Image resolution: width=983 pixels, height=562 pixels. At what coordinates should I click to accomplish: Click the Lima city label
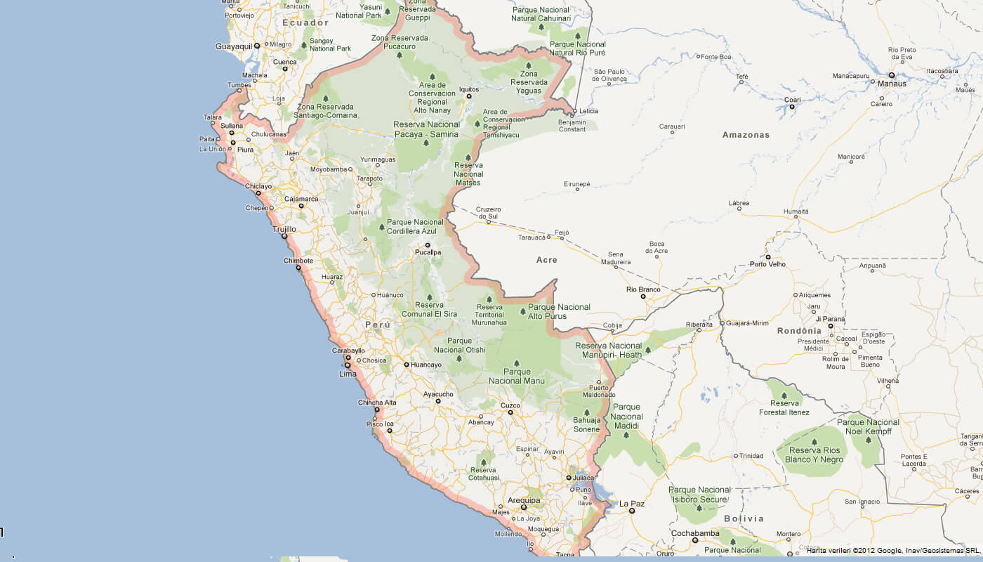[x=348, y=374]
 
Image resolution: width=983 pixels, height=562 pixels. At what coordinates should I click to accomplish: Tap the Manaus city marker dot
[x=891, y=74]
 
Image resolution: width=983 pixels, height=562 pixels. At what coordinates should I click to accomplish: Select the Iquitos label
[x=468, y=89]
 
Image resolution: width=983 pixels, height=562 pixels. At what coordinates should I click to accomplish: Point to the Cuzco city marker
[x=510, y=412]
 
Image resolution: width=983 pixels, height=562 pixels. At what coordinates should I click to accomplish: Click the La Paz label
[x=632, y=504]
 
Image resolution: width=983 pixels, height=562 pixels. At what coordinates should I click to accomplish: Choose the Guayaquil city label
[x=234, y=46]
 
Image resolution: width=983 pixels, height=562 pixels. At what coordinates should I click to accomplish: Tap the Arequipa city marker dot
[x=524, y=507]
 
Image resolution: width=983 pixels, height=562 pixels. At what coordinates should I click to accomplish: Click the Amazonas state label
[x=746, y=135]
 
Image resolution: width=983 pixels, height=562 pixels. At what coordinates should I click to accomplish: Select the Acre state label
[x=547, y=260]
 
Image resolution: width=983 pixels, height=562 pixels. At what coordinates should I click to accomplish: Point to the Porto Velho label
[x=767, y=265]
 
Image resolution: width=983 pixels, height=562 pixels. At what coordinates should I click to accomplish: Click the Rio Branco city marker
[x=642, y=296]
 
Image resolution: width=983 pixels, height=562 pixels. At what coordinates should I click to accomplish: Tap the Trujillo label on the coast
[x=284, y=229]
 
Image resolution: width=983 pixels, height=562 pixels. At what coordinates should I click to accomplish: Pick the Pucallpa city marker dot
[x=428, y=245]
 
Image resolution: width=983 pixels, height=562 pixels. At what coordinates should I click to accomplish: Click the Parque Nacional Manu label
[x=515, y=377]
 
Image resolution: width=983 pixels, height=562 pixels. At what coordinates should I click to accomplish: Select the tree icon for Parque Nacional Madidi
[x=626, y=434]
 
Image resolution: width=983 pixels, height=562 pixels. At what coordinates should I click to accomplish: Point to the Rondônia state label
[x=799, y=331]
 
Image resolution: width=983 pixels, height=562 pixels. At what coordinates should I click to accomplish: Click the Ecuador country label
[x=305, y=22]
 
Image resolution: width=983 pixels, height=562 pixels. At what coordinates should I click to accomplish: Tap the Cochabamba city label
[x=694, y=532]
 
